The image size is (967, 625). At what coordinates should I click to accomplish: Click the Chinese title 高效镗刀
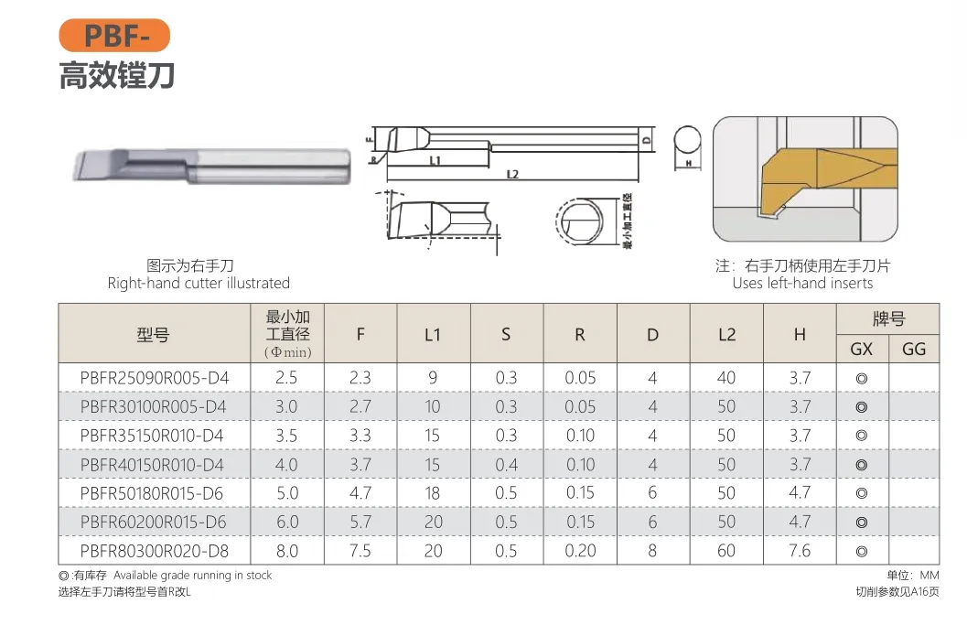[x=116, y=75]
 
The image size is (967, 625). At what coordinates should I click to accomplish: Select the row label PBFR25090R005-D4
[x=154, y=378]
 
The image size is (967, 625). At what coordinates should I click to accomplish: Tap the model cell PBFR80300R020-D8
[x=154, y=550]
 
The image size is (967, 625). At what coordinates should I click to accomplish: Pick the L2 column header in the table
[x=726, y=335]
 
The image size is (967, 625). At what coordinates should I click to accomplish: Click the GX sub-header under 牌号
[x=861, y=349]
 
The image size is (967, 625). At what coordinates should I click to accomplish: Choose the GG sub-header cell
[x=914, y=349]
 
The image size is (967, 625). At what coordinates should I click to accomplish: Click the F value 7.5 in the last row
[x=360, y=550]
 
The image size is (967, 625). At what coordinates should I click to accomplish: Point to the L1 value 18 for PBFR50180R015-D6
[x=433, y=493]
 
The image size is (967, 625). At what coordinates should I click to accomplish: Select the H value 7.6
[x=800, y=550]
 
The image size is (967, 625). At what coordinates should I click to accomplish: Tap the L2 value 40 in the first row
[x=726, y=378]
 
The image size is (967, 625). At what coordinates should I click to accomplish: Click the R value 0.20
[x=580, y=550]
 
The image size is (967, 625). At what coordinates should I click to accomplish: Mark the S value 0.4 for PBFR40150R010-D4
[x=506, y=464]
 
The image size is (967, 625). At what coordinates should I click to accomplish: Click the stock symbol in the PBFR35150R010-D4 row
[x=861, y=436]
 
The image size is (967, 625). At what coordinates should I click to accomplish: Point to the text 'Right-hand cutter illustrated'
[x=199, y=283]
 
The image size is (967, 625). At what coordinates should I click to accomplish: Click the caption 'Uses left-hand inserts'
[x=802, y=283]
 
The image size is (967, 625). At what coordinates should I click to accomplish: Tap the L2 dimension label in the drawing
[x=512, y=174]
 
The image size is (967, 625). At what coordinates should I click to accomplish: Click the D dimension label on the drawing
[x=646, y=140]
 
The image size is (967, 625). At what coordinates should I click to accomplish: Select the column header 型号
[x=154, y=335]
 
